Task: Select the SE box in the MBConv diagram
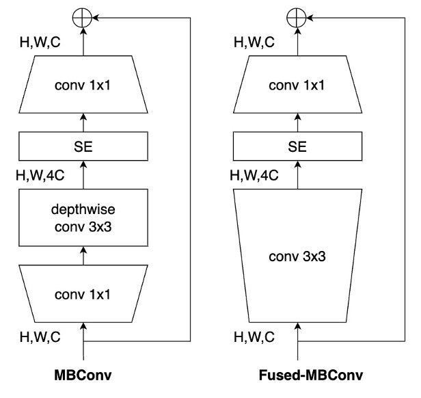[x=83, y=145]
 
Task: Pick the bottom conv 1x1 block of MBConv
[x=83, y=295]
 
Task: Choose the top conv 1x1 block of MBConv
[x=83, y=87]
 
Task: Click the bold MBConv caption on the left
[x=83, y=376]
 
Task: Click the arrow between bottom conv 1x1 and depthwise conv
[x=83, y=257]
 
